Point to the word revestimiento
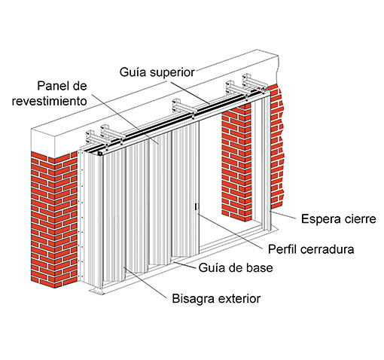point(53,100)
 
